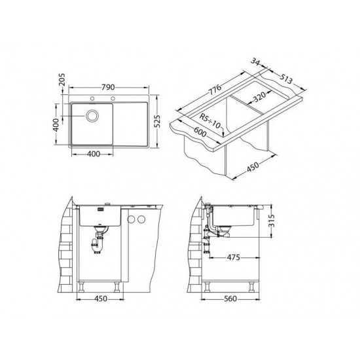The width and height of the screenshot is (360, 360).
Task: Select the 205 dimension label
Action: [x=62, y=80]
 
